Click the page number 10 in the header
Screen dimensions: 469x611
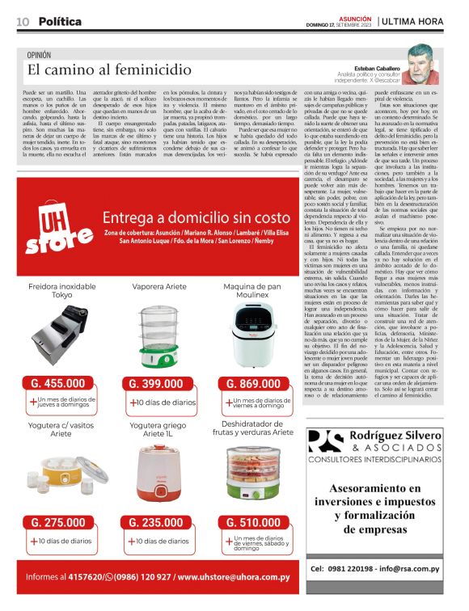pyautogui.click(x=23, y=21)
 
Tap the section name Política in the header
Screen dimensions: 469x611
pyautogui.click(x=60, y=21)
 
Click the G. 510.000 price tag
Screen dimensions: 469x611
pyautogui.click(x=254, y=522)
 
